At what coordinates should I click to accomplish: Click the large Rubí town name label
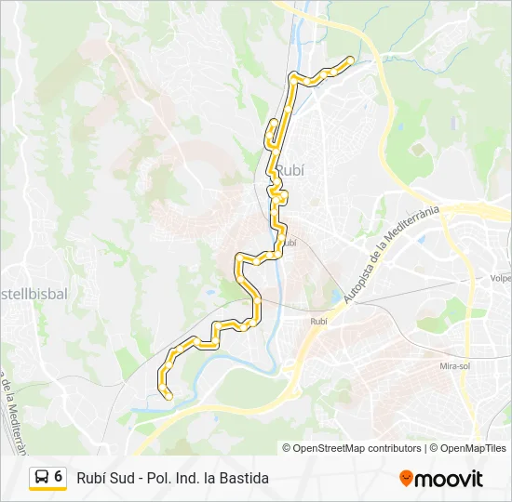coord(290,170)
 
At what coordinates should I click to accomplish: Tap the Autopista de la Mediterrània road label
coord(391,254)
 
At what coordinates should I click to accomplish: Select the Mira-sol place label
coord(454,365)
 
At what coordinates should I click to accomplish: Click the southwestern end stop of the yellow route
coord(168,397)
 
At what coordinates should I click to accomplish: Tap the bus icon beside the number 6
coord(42,477)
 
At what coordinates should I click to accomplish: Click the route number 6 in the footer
coord(59,477)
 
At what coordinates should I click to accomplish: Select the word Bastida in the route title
coord(245,478)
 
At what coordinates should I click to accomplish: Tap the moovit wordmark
coord(449,479)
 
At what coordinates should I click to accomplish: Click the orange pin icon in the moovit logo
coord(406,479)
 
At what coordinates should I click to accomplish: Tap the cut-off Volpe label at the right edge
coord(500,278)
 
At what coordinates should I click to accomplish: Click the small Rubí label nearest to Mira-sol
coord(318,321)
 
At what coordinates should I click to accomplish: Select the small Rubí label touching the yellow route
coord(289,243)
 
